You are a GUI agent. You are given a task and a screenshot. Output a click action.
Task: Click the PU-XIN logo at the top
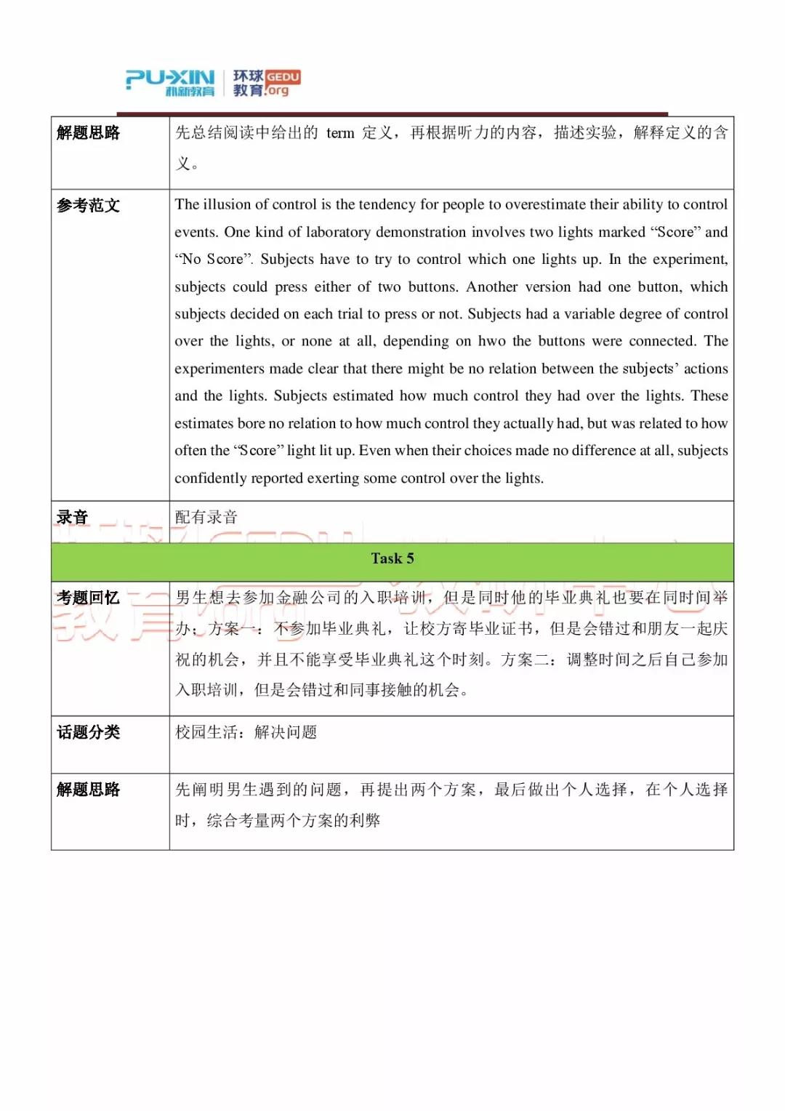pos(171,82)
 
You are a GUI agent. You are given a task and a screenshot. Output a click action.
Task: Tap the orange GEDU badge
pos(283,77)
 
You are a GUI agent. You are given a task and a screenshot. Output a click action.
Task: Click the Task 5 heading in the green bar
pos(392,558)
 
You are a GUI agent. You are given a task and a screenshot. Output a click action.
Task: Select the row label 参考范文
pos(89,206)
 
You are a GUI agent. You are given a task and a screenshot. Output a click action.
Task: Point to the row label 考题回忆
pos(89,598)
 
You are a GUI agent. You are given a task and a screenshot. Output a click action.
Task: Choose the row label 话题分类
pos(89,732)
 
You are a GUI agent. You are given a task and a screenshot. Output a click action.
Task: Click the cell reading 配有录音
pos(206,517)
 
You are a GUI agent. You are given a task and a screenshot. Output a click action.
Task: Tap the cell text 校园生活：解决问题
pos(246,732)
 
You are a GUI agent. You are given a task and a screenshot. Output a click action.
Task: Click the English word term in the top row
pos(340,133)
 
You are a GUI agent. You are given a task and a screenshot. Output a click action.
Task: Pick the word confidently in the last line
pos(211,478)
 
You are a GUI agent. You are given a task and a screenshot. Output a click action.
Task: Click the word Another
pos(492,286)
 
